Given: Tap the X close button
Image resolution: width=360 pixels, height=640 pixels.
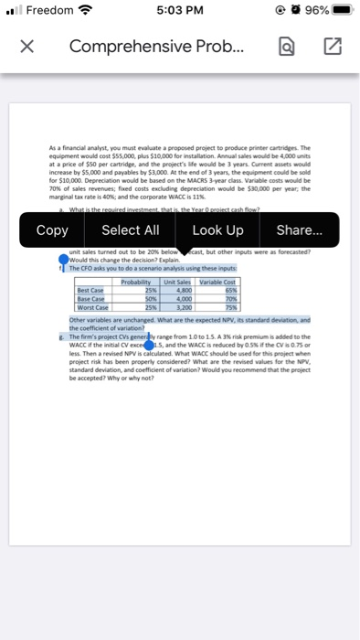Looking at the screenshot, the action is pos(28,47).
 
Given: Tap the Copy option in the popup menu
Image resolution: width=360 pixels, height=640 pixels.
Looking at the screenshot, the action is pos(52,229).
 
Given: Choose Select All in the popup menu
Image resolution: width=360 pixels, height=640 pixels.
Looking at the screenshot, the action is pos(130,229).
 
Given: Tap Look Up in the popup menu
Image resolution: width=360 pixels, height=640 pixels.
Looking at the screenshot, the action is pos(217,229).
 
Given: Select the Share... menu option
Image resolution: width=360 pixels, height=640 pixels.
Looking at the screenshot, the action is pos(299,229).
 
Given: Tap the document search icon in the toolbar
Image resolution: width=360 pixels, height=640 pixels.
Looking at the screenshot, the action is pos(286,47).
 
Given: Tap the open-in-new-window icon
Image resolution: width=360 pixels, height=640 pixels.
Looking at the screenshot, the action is pos(331,47).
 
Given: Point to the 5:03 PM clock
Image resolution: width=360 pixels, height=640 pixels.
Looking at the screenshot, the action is pos(179,13).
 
